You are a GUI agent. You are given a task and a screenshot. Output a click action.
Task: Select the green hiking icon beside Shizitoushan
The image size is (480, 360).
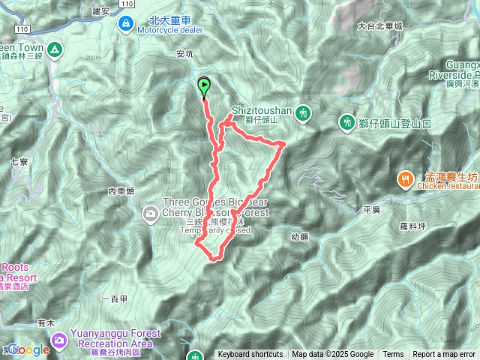(x=303, y=113)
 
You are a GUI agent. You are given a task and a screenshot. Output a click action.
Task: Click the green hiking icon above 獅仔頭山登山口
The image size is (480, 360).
(x=346, y=121)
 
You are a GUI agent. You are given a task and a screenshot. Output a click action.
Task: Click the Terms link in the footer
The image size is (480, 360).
(x=393, y=355)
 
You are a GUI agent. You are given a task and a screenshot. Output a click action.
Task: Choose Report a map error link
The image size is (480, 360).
(x=444, y=355)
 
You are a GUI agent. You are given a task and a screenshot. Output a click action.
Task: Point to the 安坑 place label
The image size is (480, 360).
(x=184, y=53)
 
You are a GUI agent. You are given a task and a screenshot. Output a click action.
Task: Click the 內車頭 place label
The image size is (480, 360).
(x=121, y=191)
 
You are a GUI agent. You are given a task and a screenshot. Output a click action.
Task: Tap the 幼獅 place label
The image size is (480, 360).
(x=298, y=237)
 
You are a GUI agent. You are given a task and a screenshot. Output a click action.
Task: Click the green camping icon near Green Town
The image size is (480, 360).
(x=55, y=50)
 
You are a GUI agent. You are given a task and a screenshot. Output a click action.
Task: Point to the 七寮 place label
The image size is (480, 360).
(x=19, y=160)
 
